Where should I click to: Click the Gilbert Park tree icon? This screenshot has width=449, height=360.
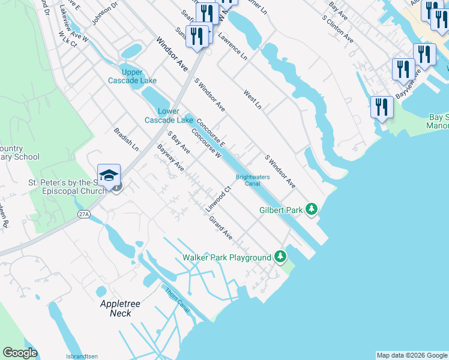(x=311, y=209)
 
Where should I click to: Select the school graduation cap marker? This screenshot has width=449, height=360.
(x=109, y=175)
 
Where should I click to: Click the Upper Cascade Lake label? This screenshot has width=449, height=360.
(x=132, y=76)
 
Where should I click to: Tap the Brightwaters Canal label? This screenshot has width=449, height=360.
(x=252, y=181)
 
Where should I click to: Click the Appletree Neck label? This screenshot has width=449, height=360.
(x=120, y=308)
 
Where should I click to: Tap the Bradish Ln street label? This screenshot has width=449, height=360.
(x=126, y=139)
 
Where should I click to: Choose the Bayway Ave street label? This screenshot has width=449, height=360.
(x=170, y=157)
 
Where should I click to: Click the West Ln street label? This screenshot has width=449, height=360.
(x=253, y=100)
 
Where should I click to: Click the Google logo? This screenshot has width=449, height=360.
(x=20, y=353)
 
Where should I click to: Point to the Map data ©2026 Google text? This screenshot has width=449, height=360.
(x=411, y=355)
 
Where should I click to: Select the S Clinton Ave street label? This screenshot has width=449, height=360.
(x=337, y=28)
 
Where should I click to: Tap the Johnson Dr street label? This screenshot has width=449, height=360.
(x=104, y=13)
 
